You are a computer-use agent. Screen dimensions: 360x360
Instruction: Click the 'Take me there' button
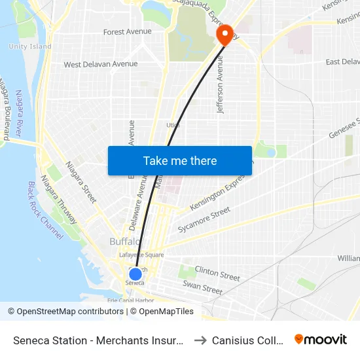coord(180,161)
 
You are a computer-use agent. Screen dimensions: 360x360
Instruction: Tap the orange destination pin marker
coord(225,34)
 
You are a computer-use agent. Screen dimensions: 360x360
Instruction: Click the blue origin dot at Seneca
coord(135,274)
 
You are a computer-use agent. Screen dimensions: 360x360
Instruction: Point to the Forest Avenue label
coord(127,31)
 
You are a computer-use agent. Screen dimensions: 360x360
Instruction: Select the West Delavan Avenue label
coord(100,64)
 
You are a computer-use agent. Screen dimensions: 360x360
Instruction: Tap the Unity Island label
coord(30,46)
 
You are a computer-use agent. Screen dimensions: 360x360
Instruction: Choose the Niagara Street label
coord(81,181)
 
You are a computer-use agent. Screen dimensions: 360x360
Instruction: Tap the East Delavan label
coord(342,62)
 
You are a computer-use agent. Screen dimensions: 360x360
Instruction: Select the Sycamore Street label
coord(204,220)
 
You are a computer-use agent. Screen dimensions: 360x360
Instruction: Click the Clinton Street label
coord(217,273)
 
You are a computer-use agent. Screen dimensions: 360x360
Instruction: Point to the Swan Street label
coord(202,287)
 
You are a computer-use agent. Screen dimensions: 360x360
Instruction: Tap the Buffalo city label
coord(123,242)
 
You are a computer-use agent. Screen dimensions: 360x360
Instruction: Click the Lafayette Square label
coord(141,255)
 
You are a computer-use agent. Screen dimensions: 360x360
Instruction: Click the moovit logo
coord(321,340)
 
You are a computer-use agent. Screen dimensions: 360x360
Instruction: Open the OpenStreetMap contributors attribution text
coord(70,312)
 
